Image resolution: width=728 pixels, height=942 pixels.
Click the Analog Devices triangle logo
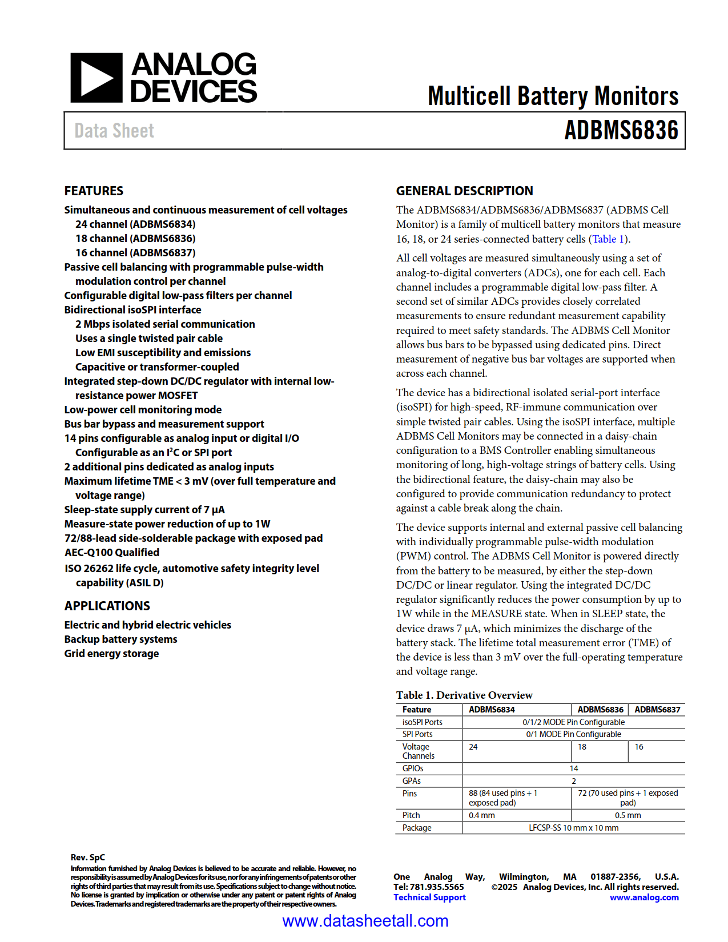pyautogui.click(x=96, y=78)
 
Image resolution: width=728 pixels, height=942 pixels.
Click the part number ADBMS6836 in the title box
pyautogui.click(x=621, y=131)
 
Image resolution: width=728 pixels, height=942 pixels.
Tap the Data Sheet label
pyautogui.click(x=114, y=131)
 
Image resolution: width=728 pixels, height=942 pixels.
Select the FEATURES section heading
pyautogui.click(x=94, y=191)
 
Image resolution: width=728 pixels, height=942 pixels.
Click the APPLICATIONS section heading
pyautogui.click(x=107, y=606)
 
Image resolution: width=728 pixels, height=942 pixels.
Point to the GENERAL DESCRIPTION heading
pyautogui.click(x=464, y=191)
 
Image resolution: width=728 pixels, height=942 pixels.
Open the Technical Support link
pyautogui.click(x=429, y=897)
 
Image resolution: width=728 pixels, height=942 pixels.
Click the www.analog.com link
pyautogui.click(x=644, y=897)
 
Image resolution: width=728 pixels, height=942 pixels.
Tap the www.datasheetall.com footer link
pyautogui.click(x=365, y=921)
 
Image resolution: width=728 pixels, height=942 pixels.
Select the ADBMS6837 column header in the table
pyautogui.click(x=657, y=710)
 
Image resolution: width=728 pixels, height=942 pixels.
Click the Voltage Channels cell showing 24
pyautogui.click(x=473, y=747)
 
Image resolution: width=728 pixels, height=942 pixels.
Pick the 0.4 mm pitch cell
pyautogui.click(x=481, y=815)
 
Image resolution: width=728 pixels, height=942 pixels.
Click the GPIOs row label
pyautogui.click(x=413, y=768)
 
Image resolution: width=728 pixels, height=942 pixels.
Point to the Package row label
pyautogui.click(x=417, y=828)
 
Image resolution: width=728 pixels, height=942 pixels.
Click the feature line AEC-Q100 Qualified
pyautogui.click(x=112, y=553)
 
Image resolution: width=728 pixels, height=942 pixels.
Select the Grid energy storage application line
pyautogui.click(x=111, y=654)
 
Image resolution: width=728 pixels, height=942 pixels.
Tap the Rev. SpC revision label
pyautogui.click(x=87, y=858)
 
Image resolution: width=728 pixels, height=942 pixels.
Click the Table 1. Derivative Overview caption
pyautogui.click(x=464, y=695)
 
